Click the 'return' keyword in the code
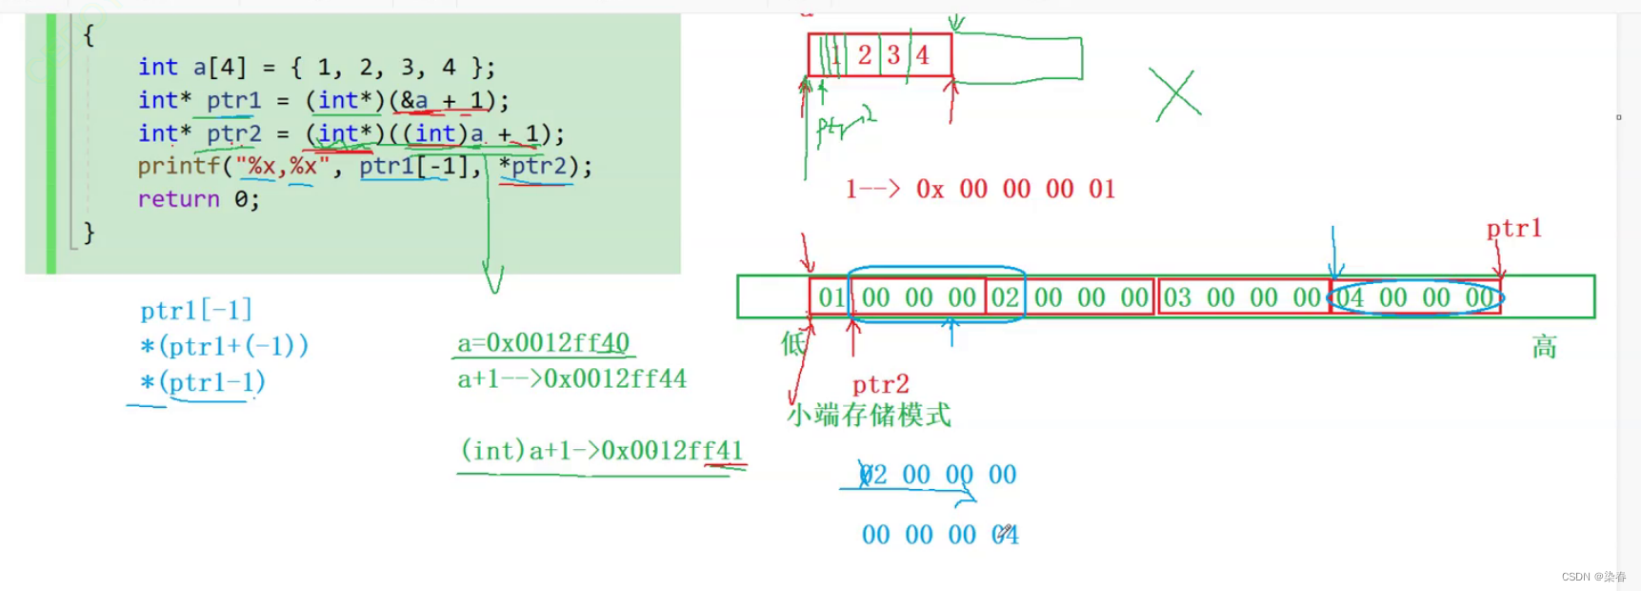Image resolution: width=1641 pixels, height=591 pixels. (178, 199)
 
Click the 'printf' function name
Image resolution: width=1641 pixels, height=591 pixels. (178, 166)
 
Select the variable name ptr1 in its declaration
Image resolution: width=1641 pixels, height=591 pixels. (233, 100)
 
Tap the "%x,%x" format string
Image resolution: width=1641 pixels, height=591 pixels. (283, 166)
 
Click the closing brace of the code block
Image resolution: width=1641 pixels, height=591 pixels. (89, 232)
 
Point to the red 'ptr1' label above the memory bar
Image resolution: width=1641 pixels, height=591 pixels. (1513, 229)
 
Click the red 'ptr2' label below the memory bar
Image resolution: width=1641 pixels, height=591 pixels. (880, 384)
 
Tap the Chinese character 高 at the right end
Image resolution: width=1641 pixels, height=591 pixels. (1544, 347)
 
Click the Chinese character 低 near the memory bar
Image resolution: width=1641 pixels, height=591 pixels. (792, 343)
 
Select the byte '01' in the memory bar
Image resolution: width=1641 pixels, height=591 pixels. (831, 297)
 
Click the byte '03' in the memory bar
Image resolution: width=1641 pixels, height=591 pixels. (1177, 297)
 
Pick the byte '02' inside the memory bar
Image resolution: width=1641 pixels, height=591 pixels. (1005, 297)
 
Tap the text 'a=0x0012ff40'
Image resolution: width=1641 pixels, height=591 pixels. (543, 342)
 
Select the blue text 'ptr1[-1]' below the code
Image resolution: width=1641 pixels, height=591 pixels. (196, 310)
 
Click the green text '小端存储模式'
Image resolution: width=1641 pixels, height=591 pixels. (869, 415)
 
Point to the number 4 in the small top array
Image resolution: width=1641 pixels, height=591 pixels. (922, 54)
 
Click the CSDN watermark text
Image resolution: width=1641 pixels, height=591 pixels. (1593, 577)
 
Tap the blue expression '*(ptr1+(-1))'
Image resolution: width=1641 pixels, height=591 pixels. (224, 345)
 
